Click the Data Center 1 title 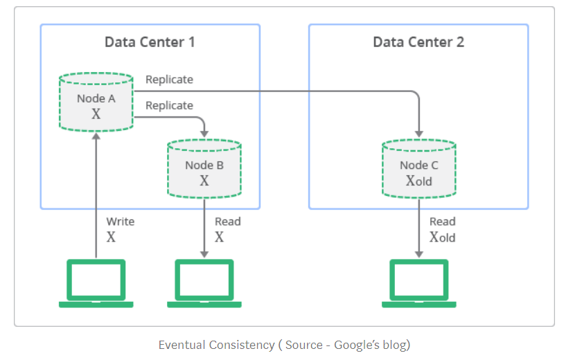150,42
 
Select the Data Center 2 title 418,42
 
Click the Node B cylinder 204,169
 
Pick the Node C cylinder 418,169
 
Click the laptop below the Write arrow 96,283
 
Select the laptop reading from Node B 204,283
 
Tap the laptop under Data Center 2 419,283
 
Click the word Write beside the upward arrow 120,222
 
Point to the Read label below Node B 227,222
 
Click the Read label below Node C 442,222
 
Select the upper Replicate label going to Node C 169,80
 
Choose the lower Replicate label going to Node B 169,105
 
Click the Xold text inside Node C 418,181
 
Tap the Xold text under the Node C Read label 442,237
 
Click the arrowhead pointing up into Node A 96,136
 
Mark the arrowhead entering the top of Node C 418,133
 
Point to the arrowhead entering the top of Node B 204,133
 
